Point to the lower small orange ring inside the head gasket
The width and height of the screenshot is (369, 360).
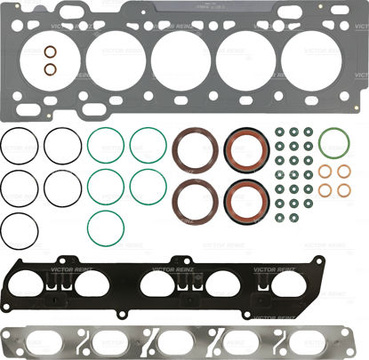[x=51, y=69]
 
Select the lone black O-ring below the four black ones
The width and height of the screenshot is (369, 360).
[x=19, y=228]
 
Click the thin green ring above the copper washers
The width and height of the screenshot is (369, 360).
[x=333, y=142]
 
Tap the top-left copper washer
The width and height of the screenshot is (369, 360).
[x=325, y=171]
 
